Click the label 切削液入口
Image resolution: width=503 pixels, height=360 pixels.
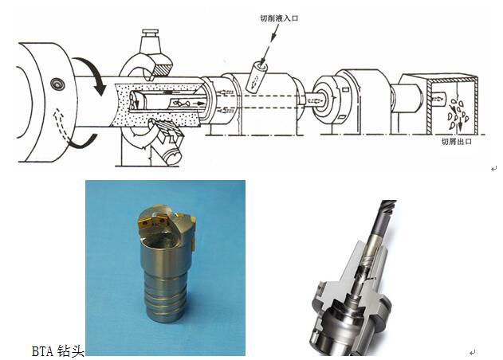pyautogui.click(x=279, y=18)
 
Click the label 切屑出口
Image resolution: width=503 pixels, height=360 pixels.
pyautogui.click(x=457, y=141)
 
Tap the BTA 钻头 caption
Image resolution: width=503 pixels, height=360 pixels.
pyautogui.click(x=57, y=351)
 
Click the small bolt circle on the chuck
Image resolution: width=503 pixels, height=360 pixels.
pyautogui.click(x=57, y=84)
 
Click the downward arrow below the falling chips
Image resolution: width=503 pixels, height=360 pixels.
pyautogui.click(x=460, y=124)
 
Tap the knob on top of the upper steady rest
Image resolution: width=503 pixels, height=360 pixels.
pyautogui.click(x=150, y=33)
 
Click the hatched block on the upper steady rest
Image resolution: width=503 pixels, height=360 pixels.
pyautogui.click(x=163, y=69)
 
